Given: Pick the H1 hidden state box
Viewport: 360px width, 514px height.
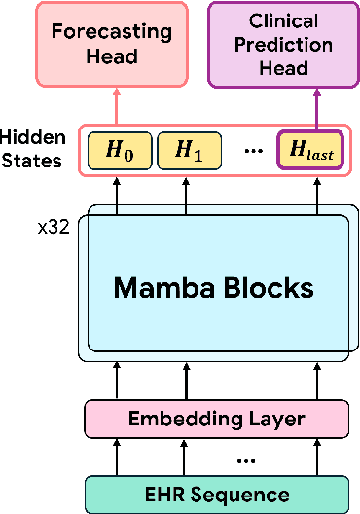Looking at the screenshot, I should pos(184,149).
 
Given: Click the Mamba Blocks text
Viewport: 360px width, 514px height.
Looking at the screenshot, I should pos(214,287).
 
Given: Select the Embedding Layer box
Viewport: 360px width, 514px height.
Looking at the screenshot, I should pos(217,420).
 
